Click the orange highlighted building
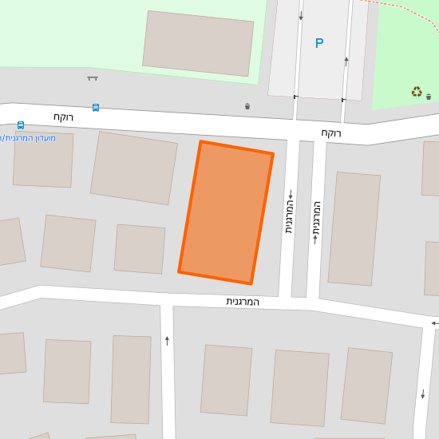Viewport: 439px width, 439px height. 226,212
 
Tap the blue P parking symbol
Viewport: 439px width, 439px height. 319,43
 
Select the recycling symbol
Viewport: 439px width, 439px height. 417,92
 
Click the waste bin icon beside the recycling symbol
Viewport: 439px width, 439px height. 429,97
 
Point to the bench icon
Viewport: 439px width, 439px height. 93,78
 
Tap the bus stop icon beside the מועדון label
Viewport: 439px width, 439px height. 20,125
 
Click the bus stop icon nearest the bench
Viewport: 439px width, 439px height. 96,107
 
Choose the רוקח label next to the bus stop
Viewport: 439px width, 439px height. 64,117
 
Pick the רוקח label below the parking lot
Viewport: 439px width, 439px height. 331,132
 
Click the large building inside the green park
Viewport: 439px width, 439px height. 198,44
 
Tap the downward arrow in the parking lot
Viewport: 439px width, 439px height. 301,16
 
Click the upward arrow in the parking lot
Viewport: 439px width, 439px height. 346,61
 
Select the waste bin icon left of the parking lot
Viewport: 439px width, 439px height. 247,106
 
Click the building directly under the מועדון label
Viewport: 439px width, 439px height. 43,160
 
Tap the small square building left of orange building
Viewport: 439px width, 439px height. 140,249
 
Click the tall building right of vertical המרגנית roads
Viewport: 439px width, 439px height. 354,228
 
